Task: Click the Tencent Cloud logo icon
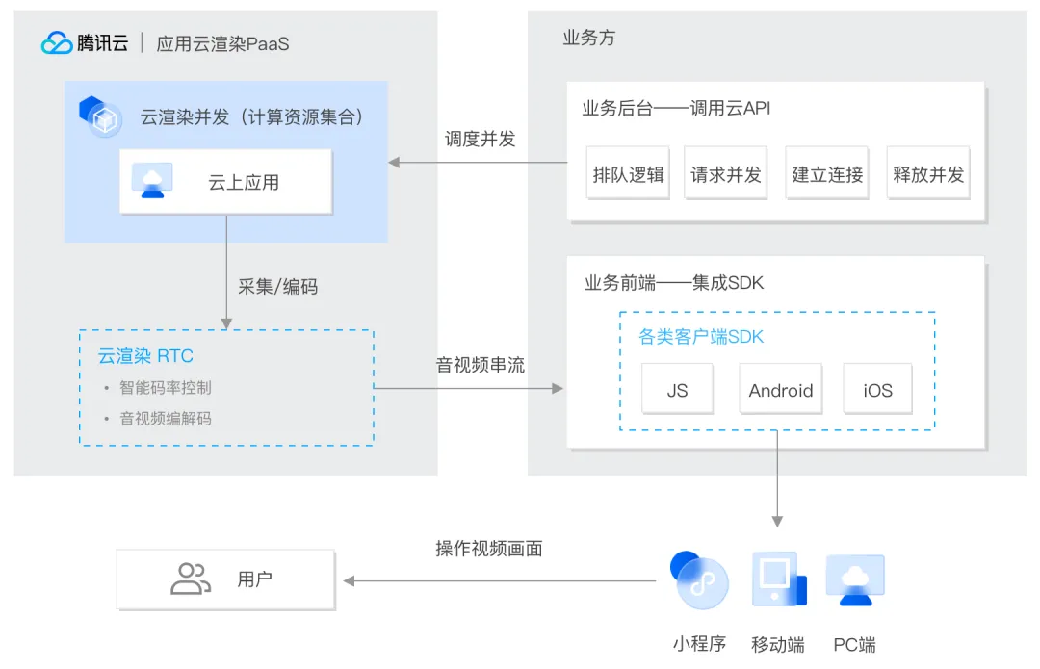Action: tap(57, 43)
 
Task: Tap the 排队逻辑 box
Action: tap(628, 173)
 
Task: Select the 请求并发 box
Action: tap(726, 173)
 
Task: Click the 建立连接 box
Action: tap(827, 173)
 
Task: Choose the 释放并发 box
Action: tap(928, 173)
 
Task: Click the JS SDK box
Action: tap(677, 389)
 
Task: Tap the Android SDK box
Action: tap(781, 389)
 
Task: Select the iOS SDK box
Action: tap(877, 389)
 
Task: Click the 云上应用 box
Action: tap(225, 182)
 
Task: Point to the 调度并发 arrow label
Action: tap(480, 139)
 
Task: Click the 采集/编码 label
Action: tap(278, 287)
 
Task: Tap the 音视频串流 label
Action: tap(481, 365)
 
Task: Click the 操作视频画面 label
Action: tap(489, 549)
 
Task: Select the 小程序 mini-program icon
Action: tap(699, 579)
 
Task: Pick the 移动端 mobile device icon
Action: tap(779, 579)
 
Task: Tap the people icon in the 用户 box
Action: tap(191, 579)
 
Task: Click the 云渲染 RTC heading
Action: tap(146, 356)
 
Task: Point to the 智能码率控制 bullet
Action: tap(166, 387)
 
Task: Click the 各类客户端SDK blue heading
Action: tap(701, 337)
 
